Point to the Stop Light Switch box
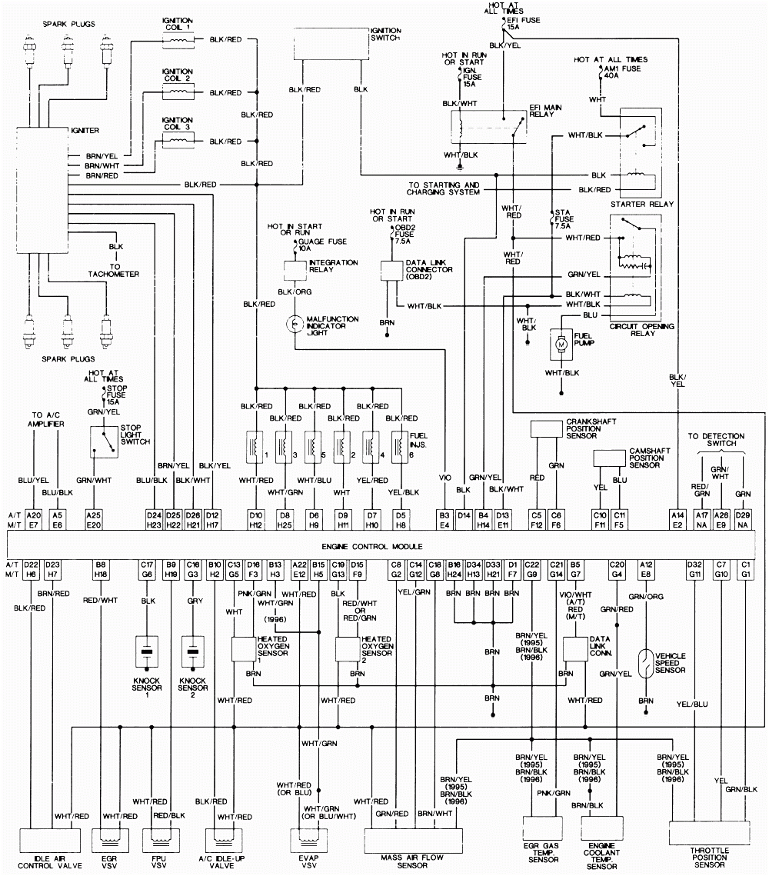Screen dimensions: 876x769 103,442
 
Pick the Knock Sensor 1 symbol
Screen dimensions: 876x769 147,651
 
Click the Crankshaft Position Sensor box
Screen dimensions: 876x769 547,428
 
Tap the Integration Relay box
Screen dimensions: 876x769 296,270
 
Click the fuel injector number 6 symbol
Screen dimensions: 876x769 400,446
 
